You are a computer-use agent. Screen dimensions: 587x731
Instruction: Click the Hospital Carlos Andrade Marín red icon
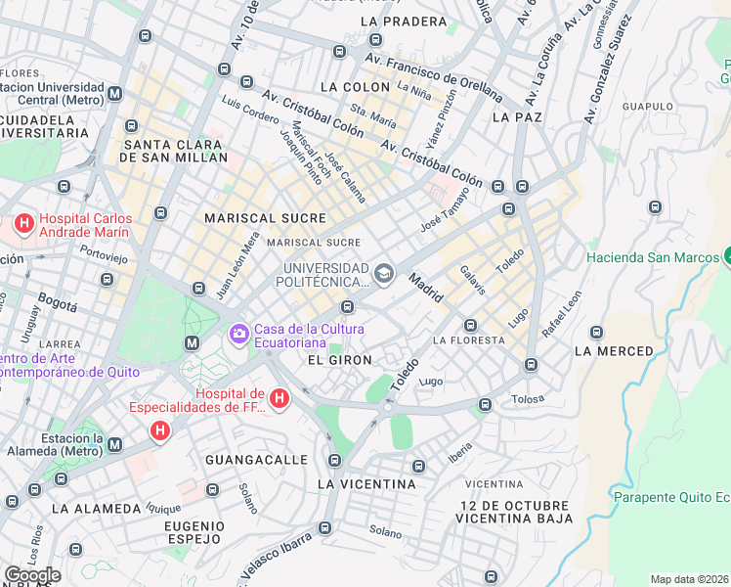[23, 225]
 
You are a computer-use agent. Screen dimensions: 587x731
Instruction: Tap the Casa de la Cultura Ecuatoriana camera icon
[238, 336]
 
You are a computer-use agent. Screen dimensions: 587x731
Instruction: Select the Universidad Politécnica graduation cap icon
[383, 273]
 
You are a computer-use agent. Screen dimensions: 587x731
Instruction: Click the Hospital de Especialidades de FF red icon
[279, 398]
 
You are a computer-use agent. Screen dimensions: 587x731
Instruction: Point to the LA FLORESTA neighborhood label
[469, 340]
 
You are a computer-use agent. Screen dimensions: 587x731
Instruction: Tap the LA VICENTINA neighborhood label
[366, 483]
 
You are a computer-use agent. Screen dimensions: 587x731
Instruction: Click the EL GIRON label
[339, 360]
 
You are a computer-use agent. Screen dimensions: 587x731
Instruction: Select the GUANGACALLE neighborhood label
[249, 459]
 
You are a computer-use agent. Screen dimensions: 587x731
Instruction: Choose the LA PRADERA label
[397, 21]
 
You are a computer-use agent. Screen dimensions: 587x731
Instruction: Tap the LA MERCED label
[614, 351]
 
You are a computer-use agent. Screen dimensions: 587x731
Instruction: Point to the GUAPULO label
[647, 107]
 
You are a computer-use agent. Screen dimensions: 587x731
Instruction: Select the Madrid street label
[426, 287]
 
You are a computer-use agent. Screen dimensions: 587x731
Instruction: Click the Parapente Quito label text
[670, 496]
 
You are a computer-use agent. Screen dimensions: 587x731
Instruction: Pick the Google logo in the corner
[32, 575]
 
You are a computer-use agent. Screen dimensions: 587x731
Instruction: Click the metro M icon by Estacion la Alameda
[115, 445]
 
